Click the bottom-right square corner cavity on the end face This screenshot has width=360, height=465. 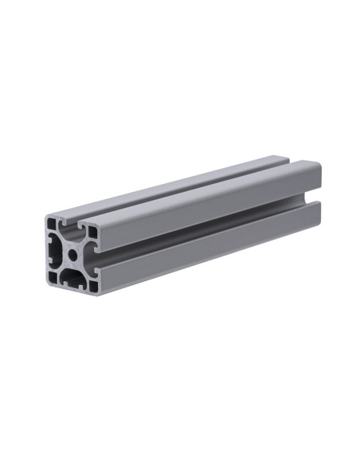pos(94,283)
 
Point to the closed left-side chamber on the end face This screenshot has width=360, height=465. pos(57,251)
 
